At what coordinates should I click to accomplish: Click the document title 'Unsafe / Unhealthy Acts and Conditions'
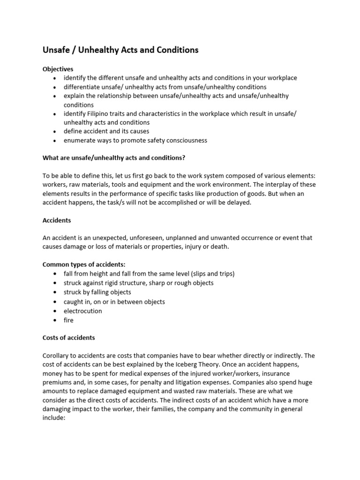[x=120, y=50]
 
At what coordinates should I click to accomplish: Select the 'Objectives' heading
[x=58, y=69]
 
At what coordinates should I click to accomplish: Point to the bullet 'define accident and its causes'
[x=106, y=131]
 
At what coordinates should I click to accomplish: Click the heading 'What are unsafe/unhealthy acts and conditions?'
[x=117, y=157]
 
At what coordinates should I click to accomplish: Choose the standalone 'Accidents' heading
[x=57, y=220]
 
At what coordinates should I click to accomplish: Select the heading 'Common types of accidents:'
[x=84, y=264]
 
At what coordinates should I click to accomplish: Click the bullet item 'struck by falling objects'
[x=97, y=292]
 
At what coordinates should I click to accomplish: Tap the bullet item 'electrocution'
[x=83, y=311]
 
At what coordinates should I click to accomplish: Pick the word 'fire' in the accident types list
[x=69, y=320]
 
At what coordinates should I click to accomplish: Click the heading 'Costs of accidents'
[x=68, y=337]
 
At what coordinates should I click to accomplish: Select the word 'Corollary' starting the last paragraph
[x=57, y=355]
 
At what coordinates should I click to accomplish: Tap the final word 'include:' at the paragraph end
[x=54, y=418]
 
